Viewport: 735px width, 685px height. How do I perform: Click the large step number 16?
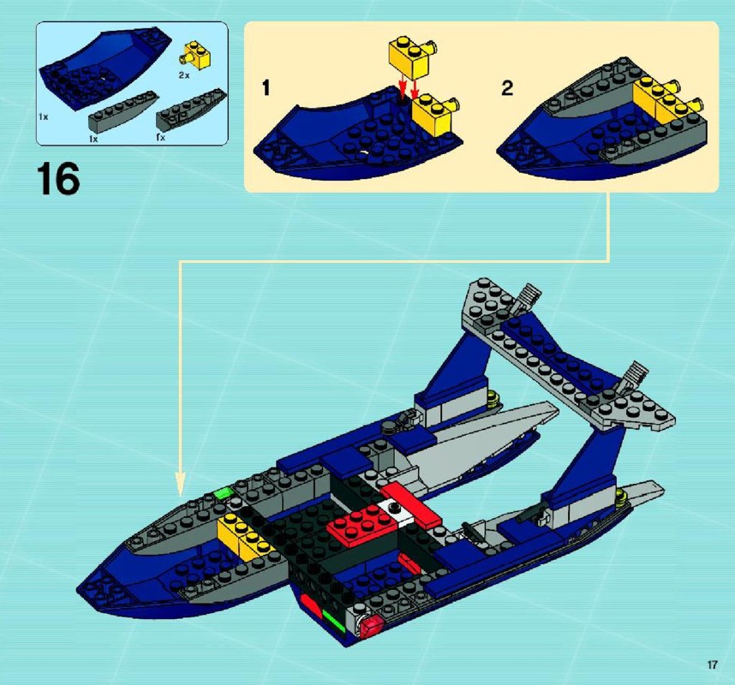(x=58, y=179)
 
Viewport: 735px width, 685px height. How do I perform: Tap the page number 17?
(x=713, y=664)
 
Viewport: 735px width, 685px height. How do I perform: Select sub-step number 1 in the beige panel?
(x=266, y=88)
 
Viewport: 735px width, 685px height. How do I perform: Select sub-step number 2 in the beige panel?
(x=507, y=88)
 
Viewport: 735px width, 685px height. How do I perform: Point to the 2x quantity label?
(x=183, y=75)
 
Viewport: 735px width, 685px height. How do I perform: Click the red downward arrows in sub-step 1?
(x=408, y=89)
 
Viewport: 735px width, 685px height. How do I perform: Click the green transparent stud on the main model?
(x=224, y=493)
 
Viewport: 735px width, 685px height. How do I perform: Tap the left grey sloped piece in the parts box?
(x=122, y=112)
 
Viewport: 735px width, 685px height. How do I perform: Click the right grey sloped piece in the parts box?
(x=191, y=110)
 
